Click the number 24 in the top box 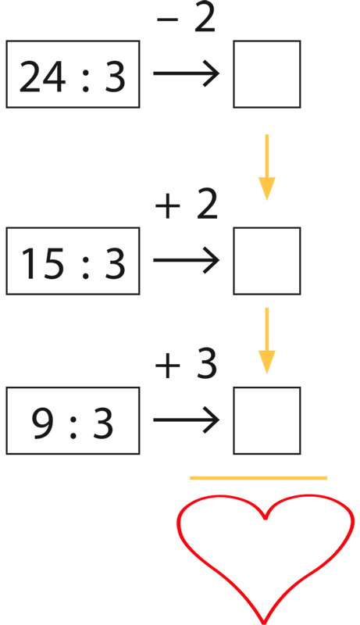(42, 77)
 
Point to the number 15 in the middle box (42, 263)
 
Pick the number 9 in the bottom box (43, 423)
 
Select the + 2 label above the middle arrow (187, 205)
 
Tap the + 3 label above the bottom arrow (186, 364)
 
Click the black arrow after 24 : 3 (187, 73)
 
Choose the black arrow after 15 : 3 (187, 260)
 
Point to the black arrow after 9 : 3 (187, 420)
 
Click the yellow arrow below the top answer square (267, 167)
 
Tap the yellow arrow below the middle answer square (267, 341)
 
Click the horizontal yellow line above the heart (258, 478)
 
